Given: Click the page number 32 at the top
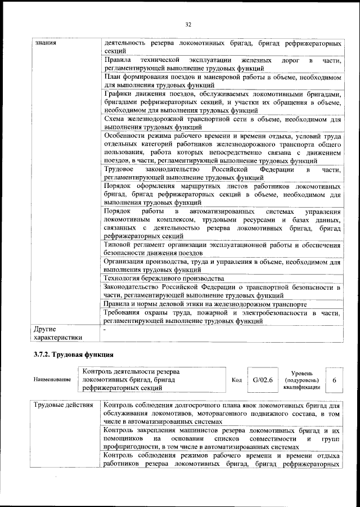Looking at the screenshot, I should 188,24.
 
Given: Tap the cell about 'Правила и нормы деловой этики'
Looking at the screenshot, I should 205,304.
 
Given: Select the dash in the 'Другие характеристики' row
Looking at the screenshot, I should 105,329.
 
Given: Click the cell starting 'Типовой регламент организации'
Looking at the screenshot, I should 222,248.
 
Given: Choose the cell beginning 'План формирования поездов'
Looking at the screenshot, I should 222,80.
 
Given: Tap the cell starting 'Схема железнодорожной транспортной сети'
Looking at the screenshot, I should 222,123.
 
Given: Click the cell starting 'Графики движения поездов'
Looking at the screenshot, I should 222,102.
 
